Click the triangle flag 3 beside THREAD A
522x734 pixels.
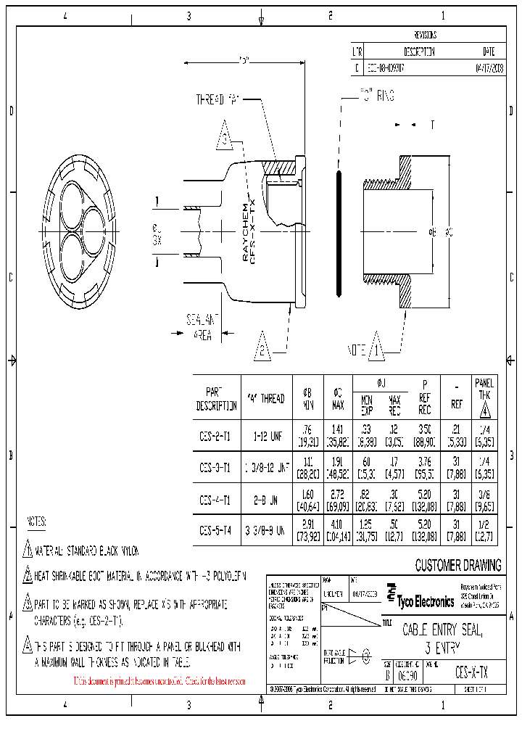[x=225, y=139]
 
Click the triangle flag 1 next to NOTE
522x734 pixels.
[x=376, y=348]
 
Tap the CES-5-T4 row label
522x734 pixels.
[x=216, y=530]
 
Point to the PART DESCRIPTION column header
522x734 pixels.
[x=216, y=398]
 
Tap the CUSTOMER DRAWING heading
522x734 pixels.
[x=457, y=566]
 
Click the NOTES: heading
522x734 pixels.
[x=36, y=521]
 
